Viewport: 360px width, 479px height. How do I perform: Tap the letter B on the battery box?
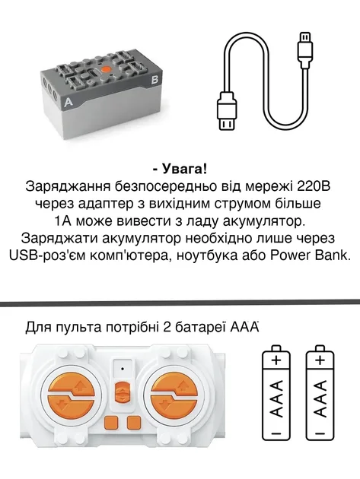click(x=155, y=78)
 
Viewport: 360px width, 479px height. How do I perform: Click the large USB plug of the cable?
click(x=228, y=111)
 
